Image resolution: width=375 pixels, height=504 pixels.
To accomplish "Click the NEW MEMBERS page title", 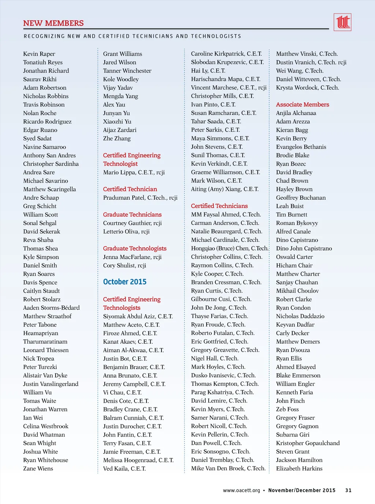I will tap(53, 23).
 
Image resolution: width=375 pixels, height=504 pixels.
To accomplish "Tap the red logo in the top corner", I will tap(342, 22).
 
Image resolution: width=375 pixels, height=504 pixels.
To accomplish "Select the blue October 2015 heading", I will tap(125, 282).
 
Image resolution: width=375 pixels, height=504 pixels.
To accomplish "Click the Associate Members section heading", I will tap(302, 104).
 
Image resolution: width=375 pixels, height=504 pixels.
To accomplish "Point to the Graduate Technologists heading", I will tap(134, 248).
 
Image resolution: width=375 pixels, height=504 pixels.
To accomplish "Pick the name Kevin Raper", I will tap(39, 54).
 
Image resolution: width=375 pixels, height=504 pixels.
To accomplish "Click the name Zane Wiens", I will tap(38, 468).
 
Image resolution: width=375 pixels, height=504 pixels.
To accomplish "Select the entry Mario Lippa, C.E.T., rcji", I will tap(134, 172).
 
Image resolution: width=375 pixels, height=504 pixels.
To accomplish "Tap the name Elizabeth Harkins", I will tap(299, 468).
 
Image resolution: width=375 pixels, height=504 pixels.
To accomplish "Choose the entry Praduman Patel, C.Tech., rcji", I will tap(140, 197).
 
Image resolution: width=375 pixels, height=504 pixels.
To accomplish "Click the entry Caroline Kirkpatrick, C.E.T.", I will tap(226, 54).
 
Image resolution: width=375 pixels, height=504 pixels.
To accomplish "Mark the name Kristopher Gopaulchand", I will tap(308, 443).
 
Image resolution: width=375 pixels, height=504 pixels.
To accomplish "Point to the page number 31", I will tap(348, 490).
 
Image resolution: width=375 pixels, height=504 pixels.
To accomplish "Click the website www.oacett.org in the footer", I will tap(241, 490).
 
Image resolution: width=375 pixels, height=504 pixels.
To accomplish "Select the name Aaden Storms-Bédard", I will tap(51, 308).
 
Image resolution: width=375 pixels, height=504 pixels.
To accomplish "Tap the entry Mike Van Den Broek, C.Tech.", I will tap(228, 468).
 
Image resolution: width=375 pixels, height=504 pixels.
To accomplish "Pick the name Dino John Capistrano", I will tap(304, 248).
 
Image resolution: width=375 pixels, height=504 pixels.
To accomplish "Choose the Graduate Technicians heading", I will tap(132, 215).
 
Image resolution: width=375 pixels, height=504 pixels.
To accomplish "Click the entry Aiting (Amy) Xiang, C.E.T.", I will tap(224, 189).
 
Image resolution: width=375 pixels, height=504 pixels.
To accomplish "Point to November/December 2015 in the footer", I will tap(302, 490).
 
